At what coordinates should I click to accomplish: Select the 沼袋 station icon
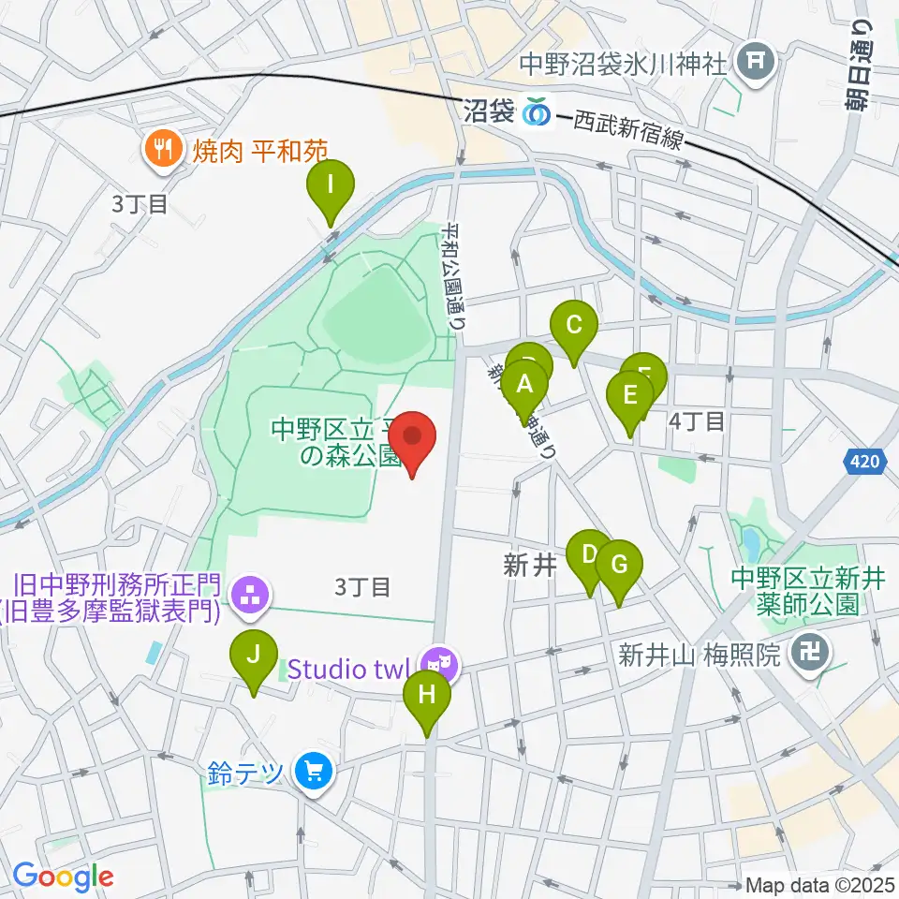pyautogui.click(x=538, y=111)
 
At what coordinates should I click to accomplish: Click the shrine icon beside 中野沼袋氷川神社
pyautogui.click(x=756, y=64)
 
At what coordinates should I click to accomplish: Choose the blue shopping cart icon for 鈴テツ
pyautogui.click(x=313, y=773)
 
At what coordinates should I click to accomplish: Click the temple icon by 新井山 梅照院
pyautogui.click(x=806, y=653)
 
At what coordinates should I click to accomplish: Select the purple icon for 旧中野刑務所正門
pyautogui.click(x=250, y=593)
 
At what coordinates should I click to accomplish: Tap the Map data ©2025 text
pyautogui.click(x=820, y=885)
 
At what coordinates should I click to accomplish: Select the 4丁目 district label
pyautogui.click(x=698, y=421)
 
